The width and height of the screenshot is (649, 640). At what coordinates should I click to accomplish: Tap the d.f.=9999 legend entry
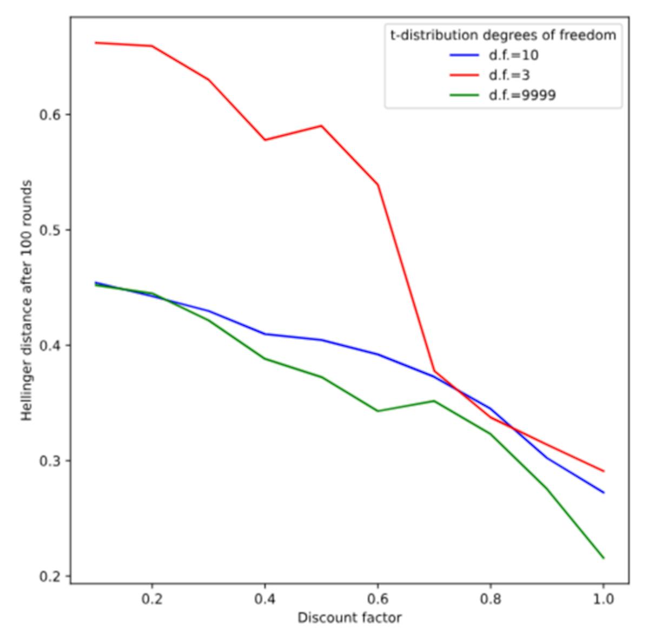click(x=522, y=95)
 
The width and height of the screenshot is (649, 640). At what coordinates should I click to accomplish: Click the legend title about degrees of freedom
click(x=503, y=35)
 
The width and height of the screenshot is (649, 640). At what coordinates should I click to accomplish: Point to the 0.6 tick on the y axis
click(x=50, y=115)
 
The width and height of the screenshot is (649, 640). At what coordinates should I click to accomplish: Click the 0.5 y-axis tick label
click(x=50, y=230)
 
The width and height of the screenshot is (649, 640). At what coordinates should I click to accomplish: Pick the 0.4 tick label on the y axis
click(x=50, y=345)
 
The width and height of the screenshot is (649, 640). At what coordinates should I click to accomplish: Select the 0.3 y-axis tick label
click(x=50, y=460)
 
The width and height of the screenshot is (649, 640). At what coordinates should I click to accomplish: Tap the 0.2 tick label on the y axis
click(x=50, y=576)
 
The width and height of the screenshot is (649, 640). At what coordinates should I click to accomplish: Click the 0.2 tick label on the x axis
click(x=152, y=599)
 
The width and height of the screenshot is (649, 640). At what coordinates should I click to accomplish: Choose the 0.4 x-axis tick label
click(x=264, y=599)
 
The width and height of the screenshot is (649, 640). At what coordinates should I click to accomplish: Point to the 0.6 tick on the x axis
click(x=378, y=599)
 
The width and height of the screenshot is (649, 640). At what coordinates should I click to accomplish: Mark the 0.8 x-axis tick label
click(x=491, y=599)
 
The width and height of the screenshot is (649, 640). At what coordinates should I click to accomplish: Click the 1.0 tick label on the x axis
click(x=603, y=599)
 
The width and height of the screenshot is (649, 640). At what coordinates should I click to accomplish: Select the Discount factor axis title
click(x=349, y=618)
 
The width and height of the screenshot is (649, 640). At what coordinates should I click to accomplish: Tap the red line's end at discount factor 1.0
click(x=603, y=471)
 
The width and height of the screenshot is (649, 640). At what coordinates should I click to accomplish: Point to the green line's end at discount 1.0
click(x=603, y=558)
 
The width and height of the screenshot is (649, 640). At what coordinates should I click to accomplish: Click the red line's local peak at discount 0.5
click(x=321, y=126)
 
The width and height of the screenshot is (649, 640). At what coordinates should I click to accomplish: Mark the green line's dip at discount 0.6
click(x=378, y=411)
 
